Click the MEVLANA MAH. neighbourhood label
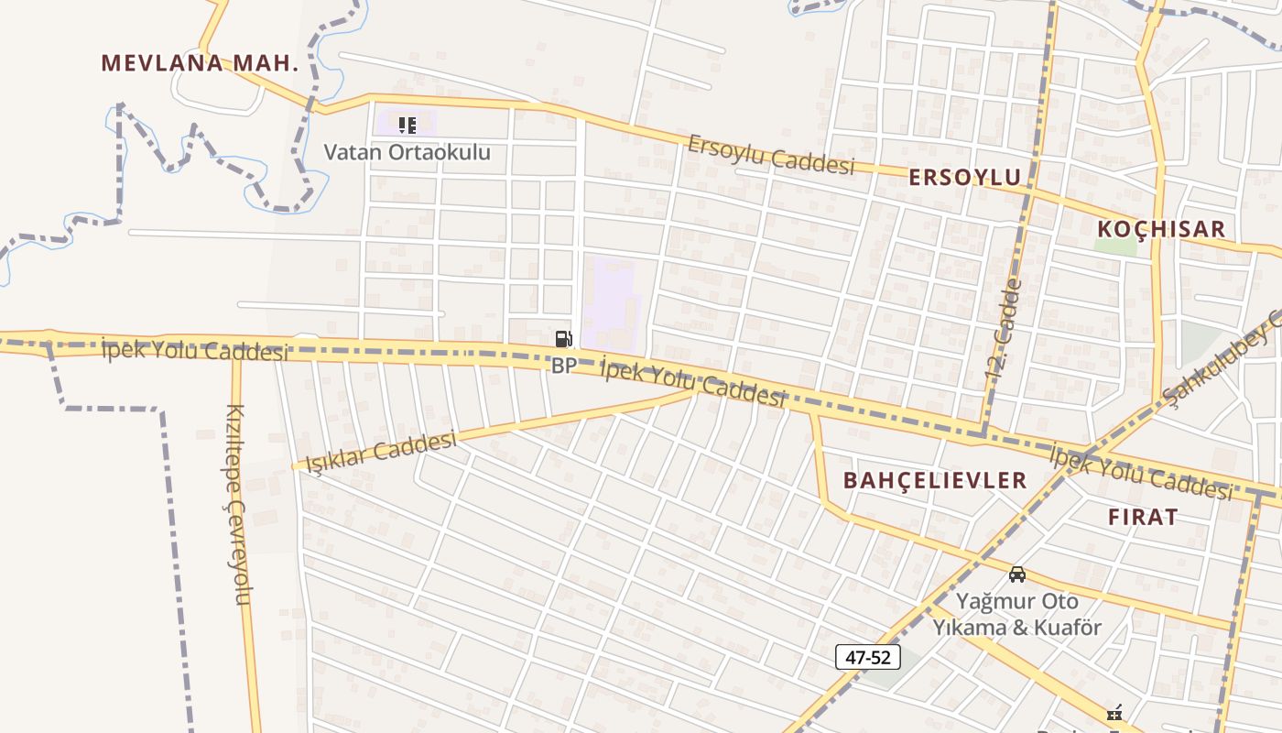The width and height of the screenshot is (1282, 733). pos(200,63)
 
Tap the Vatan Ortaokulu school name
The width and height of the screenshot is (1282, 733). pos(407,152)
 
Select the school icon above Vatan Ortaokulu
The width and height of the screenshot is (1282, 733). pos(407,125)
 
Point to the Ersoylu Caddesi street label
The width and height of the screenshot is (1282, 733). pos(771,154)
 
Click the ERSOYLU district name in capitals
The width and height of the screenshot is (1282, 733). pos(964,178)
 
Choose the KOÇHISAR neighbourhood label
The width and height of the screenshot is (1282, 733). pos(1160,229)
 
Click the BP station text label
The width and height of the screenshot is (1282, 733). pos(563,366)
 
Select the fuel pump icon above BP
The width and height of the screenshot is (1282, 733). pos(563,339)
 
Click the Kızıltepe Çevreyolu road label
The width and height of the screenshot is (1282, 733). pos(236,504)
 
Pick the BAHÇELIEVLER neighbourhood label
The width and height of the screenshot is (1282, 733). pos(935,480)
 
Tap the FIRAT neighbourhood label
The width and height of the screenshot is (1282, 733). pos(1143,517)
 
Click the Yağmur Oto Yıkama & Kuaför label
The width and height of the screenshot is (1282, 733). pos(1016,615)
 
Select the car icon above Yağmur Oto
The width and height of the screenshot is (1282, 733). pos(1016,574)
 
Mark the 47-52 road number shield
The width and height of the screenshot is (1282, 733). pos(867,657)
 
